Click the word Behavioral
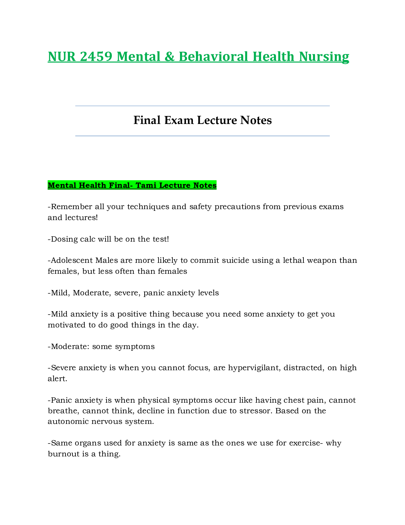coord(213,57)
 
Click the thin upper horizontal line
coord(202,106)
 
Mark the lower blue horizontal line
coord(202,136)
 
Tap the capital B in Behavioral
coord(183,57)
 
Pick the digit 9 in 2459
coord(109,57)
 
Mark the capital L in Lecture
coord(162,185)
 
